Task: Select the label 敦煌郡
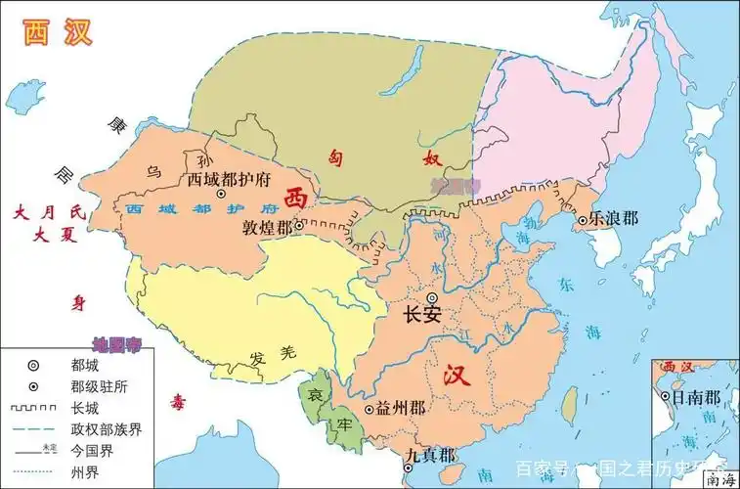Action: [x=267, y=226]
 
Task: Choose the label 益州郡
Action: [x=401, y=409]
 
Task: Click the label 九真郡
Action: [x=430, y=456]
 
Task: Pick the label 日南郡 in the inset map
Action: [x=698, y=398]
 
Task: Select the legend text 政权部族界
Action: [x=105, y=429]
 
